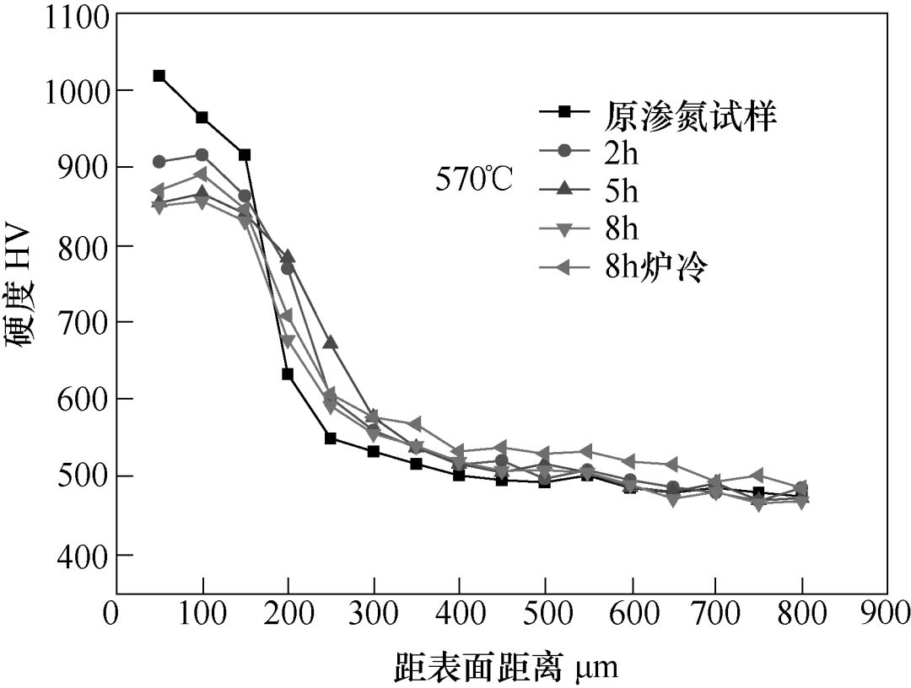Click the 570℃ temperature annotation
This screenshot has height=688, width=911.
pos(473,180)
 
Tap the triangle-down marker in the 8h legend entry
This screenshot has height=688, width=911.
pos(565,229)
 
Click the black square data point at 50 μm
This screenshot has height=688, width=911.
pos(159,76)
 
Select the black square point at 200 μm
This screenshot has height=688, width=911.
pos(288,374)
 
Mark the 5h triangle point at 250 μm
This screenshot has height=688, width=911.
pos(331,342)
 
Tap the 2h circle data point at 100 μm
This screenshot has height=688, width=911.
pos(202,155)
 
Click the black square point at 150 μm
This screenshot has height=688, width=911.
pos(245,155)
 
